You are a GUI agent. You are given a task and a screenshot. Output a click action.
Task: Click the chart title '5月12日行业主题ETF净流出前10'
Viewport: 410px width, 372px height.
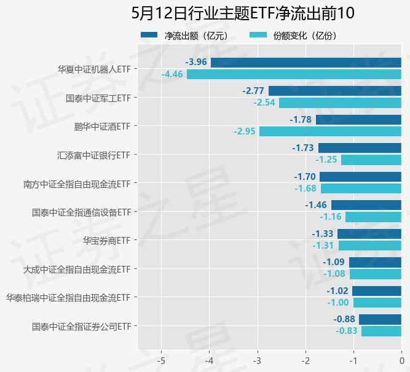243,13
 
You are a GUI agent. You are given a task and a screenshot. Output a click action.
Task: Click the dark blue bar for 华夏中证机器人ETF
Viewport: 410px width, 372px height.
306,62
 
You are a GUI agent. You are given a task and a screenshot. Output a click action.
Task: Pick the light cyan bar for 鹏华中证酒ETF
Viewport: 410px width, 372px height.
330,131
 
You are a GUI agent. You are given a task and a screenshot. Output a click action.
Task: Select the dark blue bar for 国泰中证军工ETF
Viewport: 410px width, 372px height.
334,91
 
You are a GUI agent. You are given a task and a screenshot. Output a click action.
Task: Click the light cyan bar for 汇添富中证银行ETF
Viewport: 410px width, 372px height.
371,160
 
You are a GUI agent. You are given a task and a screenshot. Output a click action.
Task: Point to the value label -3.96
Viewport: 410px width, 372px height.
195,62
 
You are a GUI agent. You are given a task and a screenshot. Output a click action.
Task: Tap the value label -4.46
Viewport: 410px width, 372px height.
172,74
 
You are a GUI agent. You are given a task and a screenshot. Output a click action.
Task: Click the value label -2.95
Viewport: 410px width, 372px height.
245,131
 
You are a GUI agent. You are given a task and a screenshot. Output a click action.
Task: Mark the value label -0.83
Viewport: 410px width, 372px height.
347,331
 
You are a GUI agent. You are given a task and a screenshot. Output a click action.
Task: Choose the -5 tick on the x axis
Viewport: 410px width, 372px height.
161,360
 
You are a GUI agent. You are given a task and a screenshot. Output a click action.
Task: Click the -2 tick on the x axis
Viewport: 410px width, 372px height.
306,360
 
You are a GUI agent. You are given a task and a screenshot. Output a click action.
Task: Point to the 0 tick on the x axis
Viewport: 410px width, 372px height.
401,360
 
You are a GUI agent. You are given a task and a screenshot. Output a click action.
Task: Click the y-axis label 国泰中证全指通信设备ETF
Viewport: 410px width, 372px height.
81,212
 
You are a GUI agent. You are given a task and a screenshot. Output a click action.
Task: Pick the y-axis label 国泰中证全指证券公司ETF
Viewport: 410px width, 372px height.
81,326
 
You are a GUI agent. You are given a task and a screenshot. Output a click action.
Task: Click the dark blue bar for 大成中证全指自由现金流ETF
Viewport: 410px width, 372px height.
375,262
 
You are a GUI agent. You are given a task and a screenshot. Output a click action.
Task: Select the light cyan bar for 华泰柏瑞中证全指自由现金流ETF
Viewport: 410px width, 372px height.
377,303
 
